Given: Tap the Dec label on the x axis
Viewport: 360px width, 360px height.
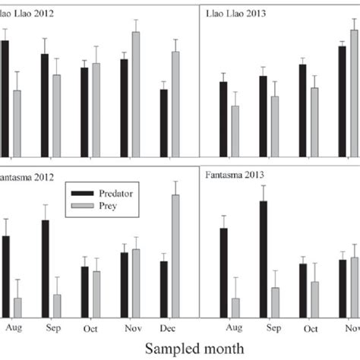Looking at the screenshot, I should click(x=169, y=328).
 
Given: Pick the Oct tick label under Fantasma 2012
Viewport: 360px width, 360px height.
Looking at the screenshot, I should click(x=90, y=328).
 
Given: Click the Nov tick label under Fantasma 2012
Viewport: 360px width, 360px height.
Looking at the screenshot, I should click(x=129, y=328).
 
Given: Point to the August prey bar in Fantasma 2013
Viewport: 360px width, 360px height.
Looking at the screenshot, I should click(x=235, y=308).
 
